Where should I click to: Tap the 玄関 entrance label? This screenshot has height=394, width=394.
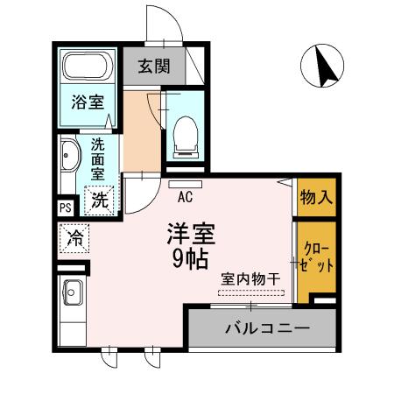154,67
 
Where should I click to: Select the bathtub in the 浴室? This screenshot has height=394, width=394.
88,67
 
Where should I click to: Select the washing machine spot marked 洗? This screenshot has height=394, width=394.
101,199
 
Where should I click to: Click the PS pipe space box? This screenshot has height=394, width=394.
65,208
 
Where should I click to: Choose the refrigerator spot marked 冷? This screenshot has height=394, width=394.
75,236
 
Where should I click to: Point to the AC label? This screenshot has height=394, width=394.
185,196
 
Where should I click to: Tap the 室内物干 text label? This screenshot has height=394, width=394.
250,278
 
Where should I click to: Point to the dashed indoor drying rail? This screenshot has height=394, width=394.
251,291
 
